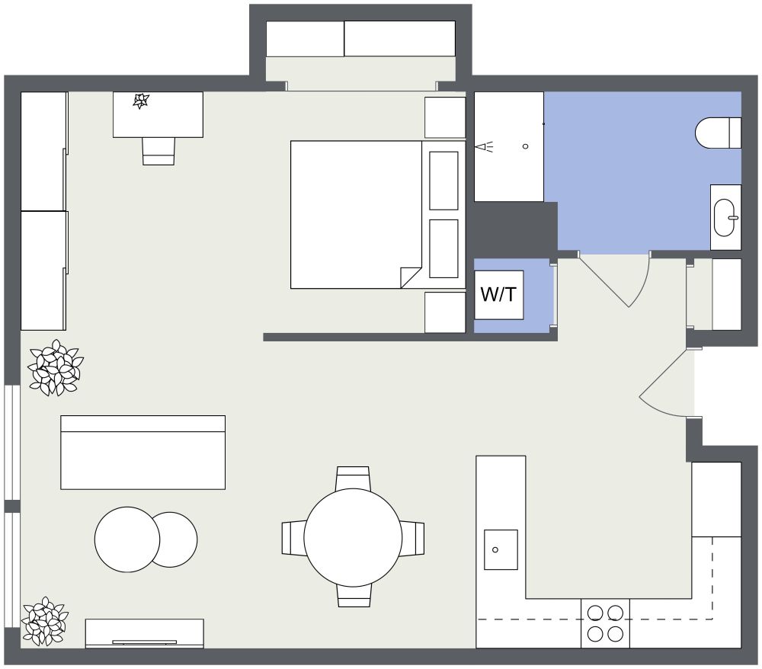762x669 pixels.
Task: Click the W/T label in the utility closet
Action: coord(499,295)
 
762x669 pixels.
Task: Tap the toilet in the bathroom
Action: coord(716,133)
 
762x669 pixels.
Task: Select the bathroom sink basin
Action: coord(725,217)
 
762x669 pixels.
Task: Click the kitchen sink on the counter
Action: coord(501,549)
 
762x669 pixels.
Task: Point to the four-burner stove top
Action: coord(606,623)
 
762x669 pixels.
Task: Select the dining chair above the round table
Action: coord(353,478)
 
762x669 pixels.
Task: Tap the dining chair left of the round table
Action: coord(293,538)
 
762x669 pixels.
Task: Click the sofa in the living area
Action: coord(142,453)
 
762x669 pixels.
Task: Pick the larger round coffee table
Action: coord(126,539)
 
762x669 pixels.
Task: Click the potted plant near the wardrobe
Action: coord(55,368)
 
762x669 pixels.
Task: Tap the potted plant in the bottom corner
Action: coord(44,621)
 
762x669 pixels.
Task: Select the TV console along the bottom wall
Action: coord(144,633)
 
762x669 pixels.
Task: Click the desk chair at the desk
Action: coord(158,151)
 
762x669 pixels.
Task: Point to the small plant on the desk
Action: coord(141,101)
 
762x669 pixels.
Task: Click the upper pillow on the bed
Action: coord(443,181)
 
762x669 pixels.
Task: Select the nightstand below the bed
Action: coord(444,312)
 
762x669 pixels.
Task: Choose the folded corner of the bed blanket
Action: coord(410,277)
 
